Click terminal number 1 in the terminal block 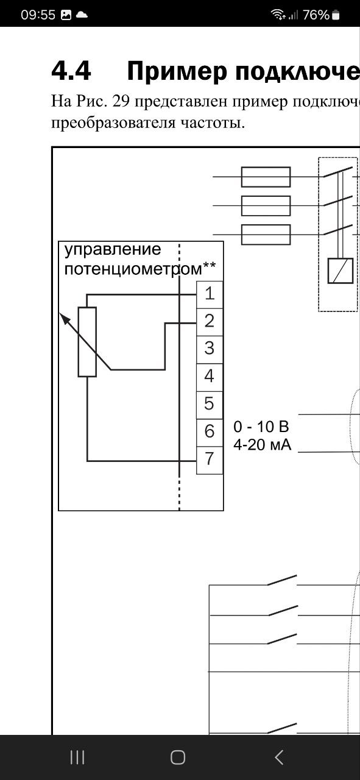pyautogui.click(x=210, y=294)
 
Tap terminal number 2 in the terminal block pyautogui.click(x=210, y=322)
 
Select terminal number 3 pyautogui.click(x=210, y=350)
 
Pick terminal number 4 pyautogui.click(x=210, y=377)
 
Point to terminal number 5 pyautogui.click(x=210, y=405)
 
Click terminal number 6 pyautogui.click(x=210, y=433)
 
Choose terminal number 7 pyautogui.click(x=210, y=460)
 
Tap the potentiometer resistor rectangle pyautogui.click(x=87, y=342)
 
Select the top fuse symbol pyautogui.click(x=266, y=177)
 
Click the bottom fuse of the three pyautogui.click(x=266, y=235)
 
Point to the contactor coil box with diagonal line pyautogui.click(x=341, y=271)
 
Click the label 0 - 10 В pyautogui.click(x=261, y=427)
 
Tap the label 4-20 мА pyautogui.click(x=262, y=445)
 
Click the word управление pyautogui.click(x=113, y=250)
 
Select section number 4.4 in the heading pyautogui.click(x=71, y=71)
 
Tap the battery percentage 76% pyautogui.click(x=316, y=15)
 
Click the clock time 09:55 pyautogui.click(x=38, y=15)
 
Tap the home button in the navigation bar pyautogui.click(x=178, y=757)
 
